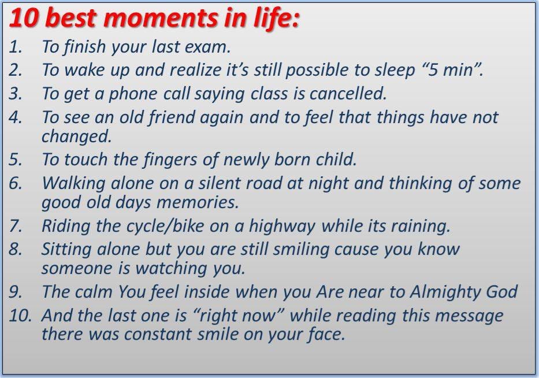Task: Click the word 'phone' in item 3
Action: pyautogui.click(x=133, y=94)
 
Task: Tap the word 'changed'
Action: pyautogui.click(x=76, y=136)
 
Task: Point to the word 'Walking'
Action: pyautogui.click(x=73, y=184)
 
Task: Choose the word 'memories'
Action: pyautogui.click(x=198, y=202)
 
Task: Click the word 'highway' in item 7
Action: pyautogui.click(x=282, y=227)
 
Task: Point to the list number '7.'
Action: pyautogui.click(x=16, y=226)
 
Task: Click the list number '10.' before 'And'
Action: pyautogui.click(x=20, y=316)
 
